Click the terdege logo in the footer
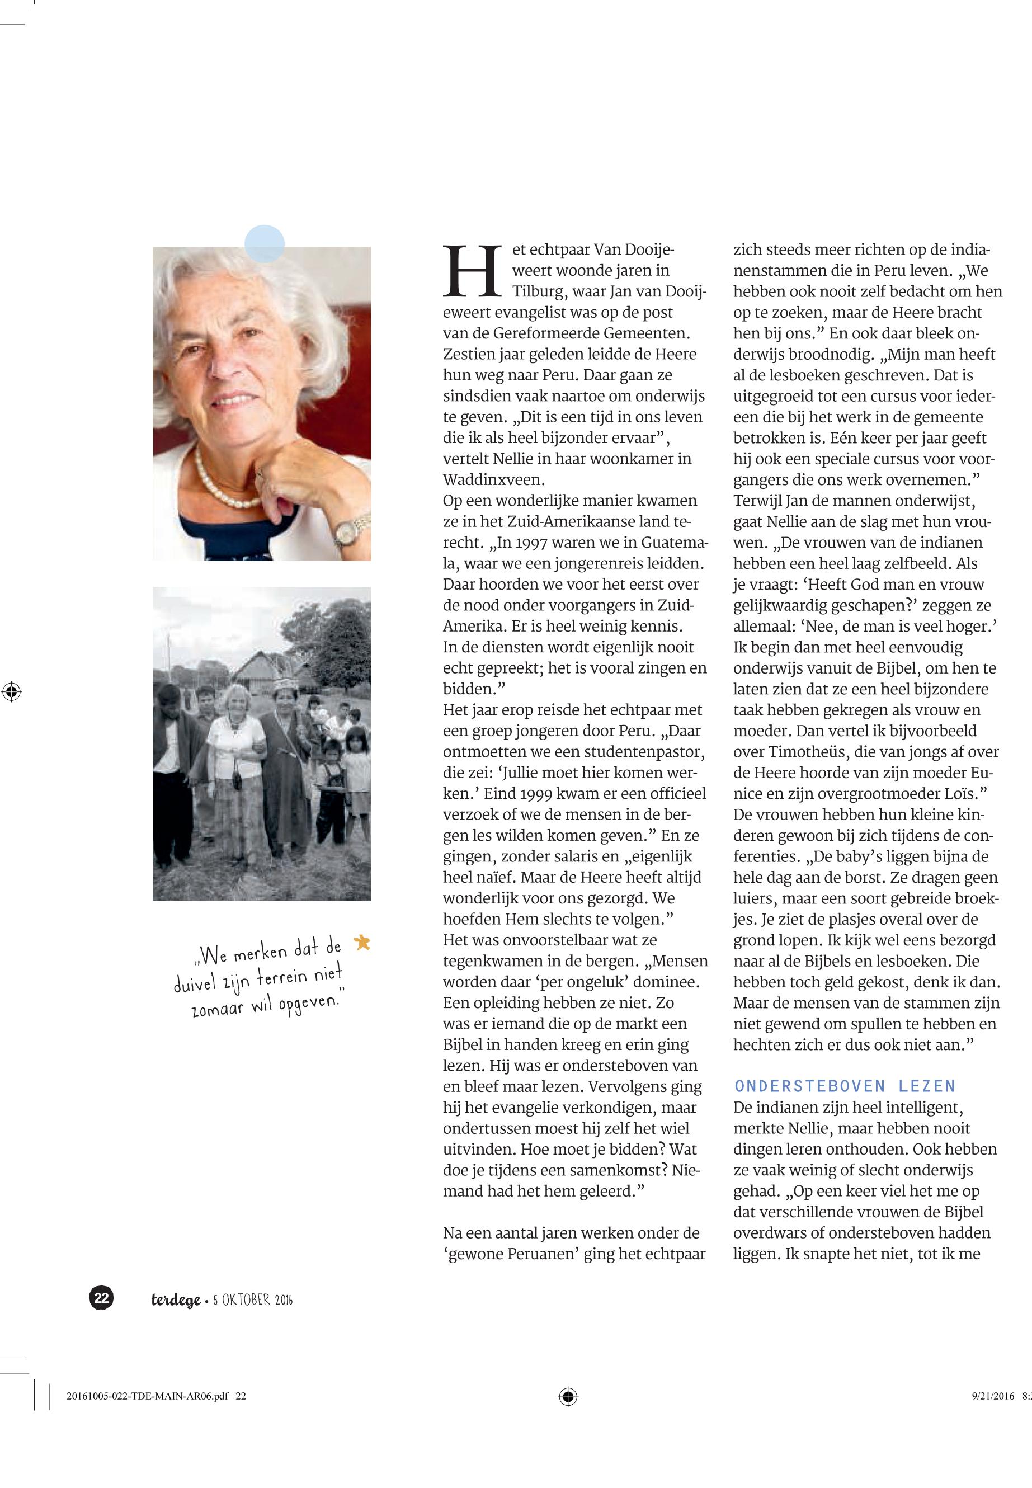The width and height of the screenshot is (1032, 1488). click(x=175, y=1300)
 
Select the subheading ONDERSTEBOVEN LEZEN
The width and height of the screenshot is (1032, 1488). click(x=845, y=1086)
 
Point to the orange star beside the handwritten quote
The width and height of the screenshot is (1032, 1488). click(x=363, y=942)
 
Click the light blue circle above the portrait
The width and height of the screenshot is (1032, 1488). click(x=265, y=243)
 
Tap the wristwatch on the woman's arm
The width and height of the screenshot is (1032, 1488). click(x=348, y=530)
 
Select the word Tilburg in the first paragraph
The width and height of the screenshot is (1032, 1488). click(x=539, y=291)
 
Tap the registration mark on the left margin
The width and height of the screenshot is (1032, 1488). click(x=12, y=692)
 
